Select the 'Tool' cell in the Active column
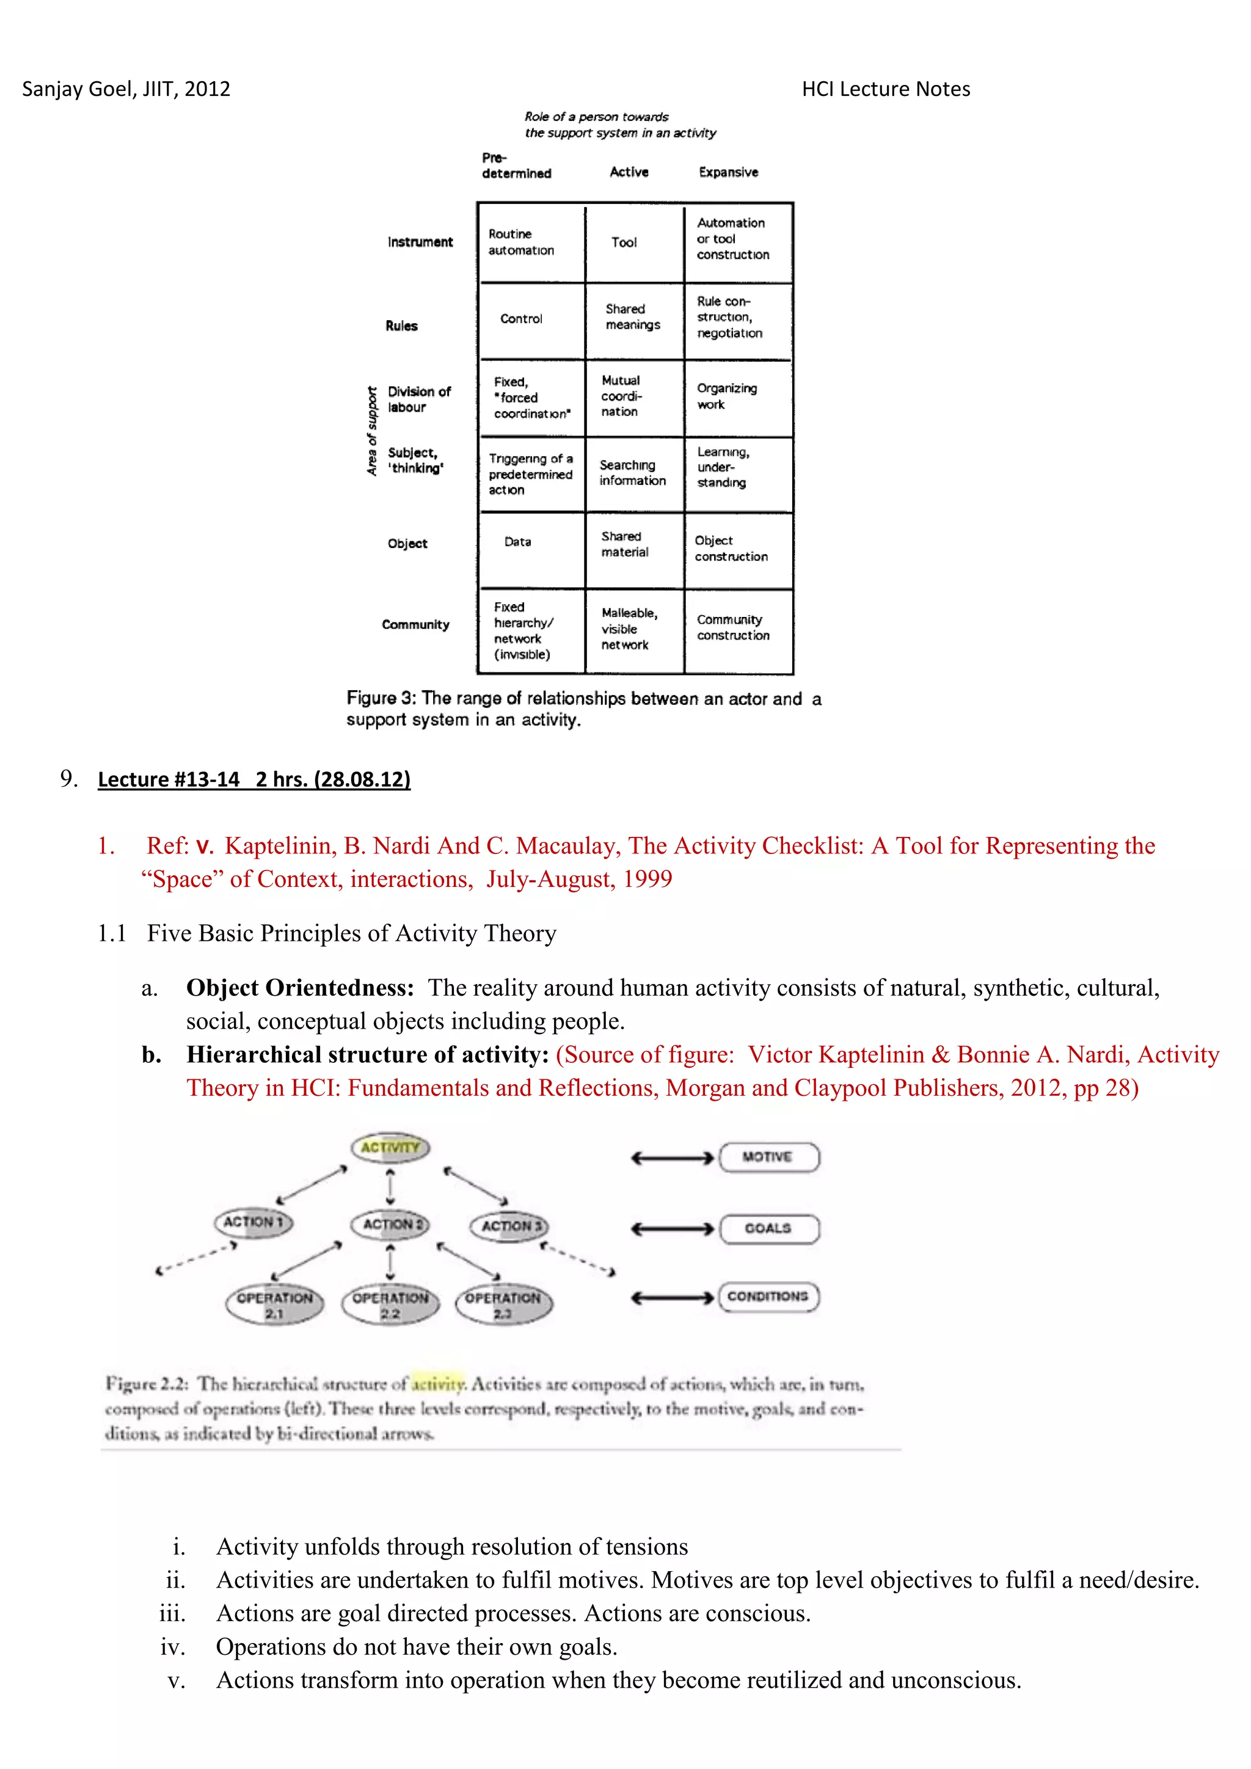point(633,243)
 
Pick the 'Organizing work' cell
point(737,397)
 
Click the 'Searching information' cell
point(633,473)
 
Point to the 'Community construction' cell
point(737,628)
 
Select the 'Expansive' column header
point(728,172)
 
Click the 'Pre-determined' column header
point(516,166)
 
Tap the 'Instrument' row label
point(420,242)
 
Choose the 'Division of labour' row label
point(419,399)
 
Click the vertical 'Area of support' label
point(372,431)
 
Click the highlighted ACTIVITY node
point(390,1147)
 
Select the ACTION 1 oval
point(253,1222)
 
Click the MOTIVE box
point(768,1158)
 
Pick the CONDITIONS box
point(768,1297)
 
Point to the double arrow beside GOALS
point(673,1229)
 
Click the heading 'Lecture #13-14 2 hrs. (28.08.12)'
point(254,779)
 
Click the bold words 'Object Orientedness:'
point(301,988)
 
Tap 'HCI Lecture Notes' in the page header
point(886,89)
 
